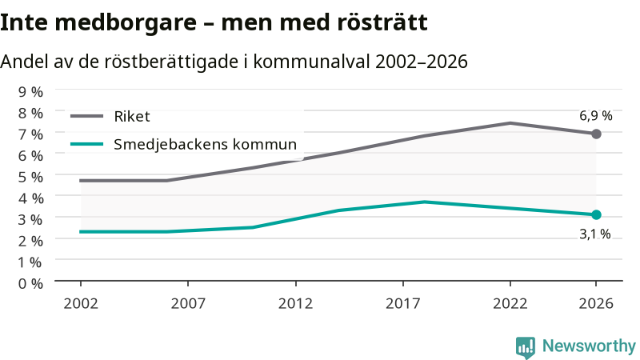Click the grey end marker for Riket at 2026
tap(596, 134)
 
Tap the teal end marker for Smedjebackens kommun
tap(596, 214)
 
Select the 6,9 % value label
tap(596, 116)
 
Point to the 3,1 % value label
tap(595, 234)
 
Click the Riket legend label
tap(132, 117)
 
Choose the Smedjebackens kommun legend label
tap(205, 145)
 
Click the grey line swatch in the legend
tap(86, 116)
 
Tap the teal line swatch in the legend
tap(86, 144)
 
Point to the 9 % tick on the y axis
tap(30, 92)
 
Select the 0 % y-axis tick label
tap(30, 284)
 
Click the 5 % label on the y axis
tap(30, 177)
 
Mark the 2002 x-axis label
tap(81, 304)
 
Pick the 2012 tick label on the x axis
tap(295, 304)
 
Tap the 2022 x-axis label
tap(510, 304)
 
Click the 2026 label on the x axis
tap(596, 304)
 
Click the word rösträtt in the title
tap(382, 22)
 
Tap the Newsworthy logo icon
tap(526, 348)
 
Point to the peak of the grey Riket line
tap(510, 123)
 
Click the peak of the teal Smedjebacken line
tap(425, 202)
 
